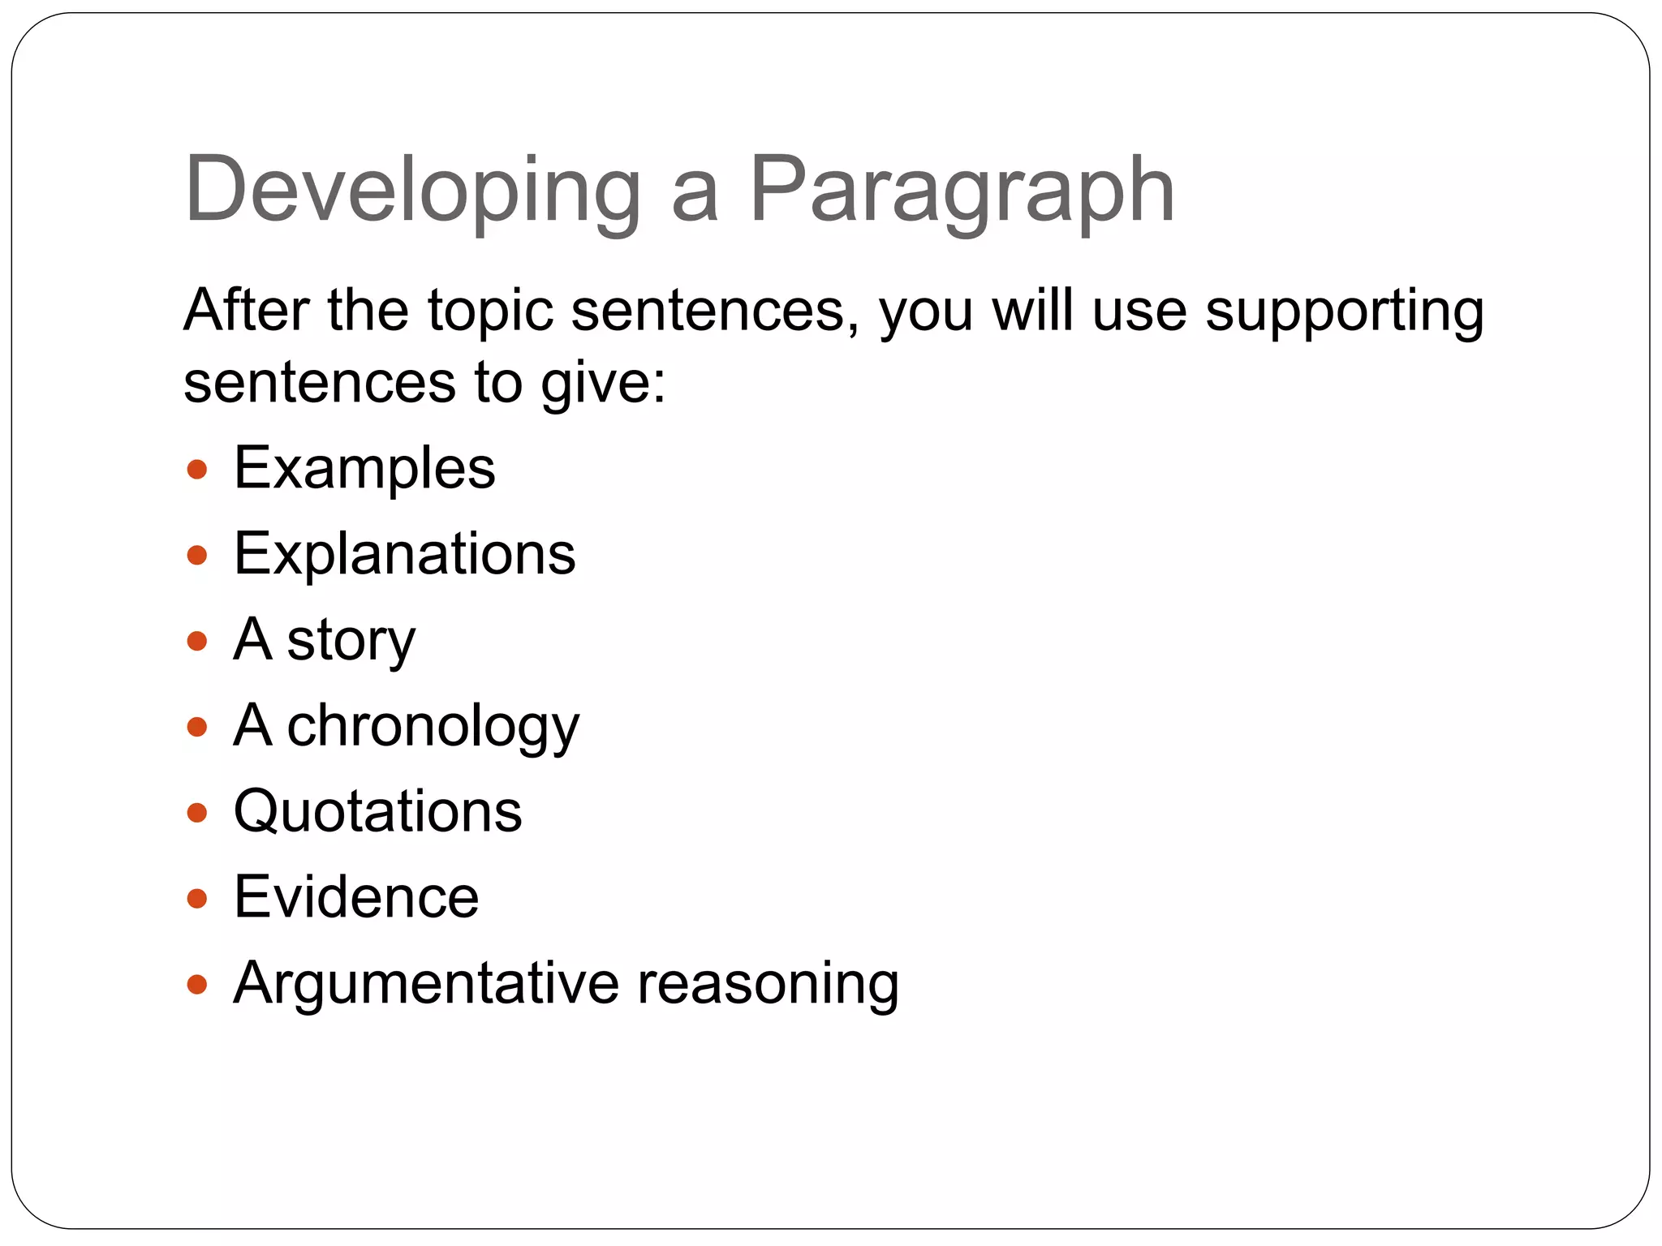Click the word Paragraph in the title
(962, 191)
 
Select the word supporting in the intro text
(1345, 311)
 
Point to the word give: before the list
(603, 384)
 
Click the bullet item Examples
(364, 469)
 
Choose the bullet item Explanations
(404, 555)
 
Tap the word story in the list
(351, 641)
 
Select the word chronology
(433, 727)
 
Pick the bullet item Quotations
(378, 812)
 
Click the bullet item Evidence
(356, 898)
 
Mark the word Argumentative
(426, 984)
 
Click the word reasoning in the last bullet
(768, 984)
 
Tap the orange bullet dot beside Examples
(197, 470)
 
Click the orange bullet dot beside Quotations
(197, 813)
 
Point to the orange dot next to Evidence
(197, 899)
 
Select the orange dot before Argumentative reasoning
(197, 985)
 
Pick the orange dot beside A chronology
(197, 727)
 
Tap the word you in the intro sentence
(926, 313)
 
